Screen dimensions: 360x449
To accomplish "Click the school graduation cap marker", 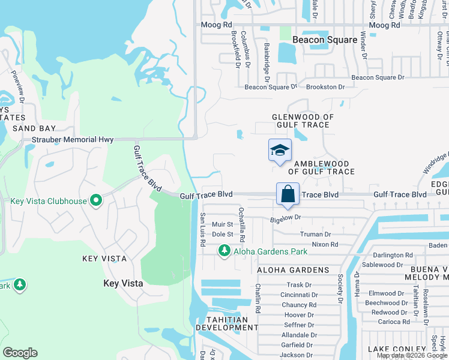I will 280,151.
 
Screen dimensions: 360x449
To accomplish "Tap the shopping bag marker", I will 288,194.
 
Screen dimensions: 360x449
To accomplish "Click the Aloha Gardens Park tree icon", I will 224,251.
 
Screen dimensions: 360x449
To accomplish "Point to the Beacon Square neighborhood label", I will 325,40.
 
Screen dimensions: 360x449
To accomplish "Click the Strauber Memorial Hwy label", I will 73,140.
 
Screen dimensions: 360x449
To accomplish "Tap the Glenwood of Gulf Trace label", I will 301,121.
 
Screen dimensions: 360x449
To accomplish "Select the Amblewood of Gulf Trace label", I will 316,167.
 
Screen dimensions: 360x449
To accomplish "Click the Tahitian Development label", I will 227,323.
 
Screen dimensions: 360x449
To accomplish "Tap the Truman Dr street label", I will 315,234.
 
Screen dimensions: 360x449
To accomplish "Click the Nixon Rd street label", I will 325,244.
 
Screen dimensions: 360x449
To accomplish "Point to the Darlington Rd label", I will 394,255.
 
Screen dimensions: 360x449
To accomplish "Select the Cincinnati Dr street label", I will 299,295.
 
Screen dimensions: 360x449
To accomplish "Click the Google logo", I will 20,353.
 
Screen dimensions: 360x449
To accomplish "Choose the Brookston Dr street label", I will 325,87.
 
